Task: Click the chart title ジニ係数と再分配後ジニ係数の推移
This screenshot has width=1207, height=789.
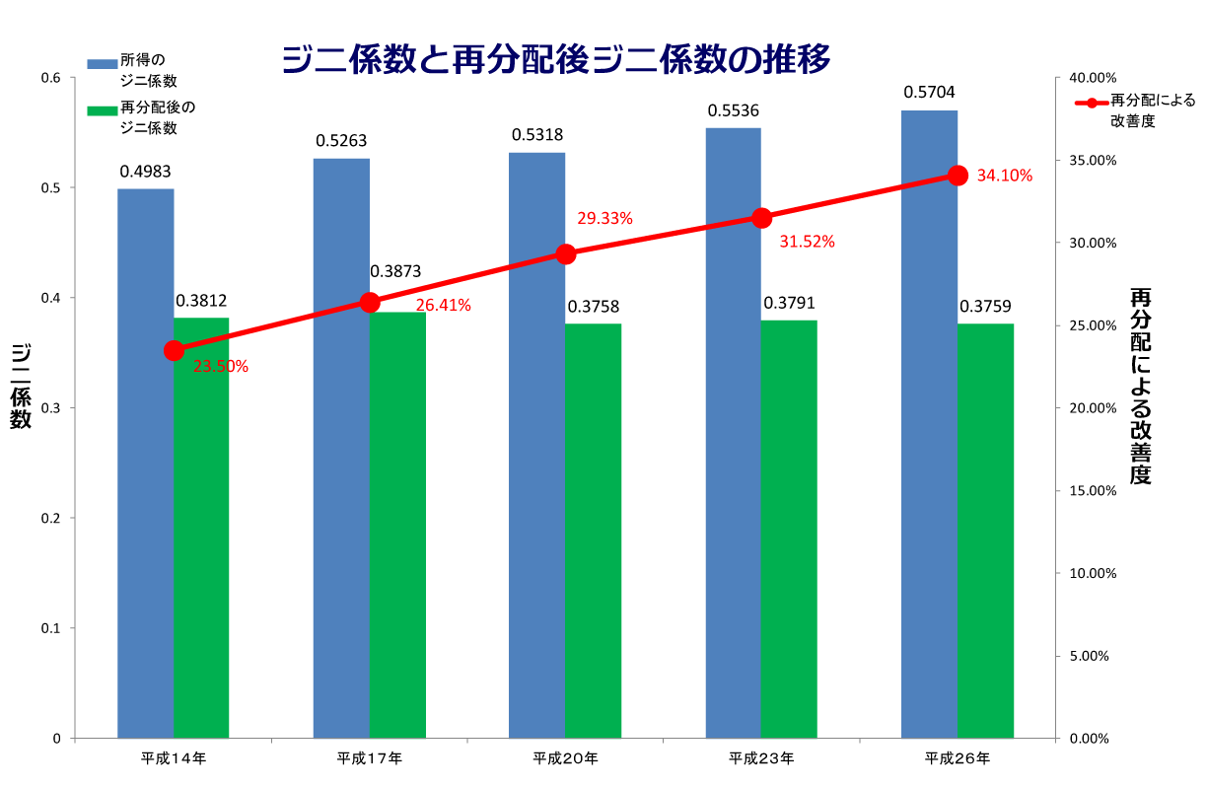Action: point(556,60)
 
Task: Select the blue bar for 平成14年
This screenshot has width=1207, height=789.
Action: point(146,464)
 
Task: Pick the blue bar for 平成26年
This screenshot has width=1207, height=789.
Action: point(929,424)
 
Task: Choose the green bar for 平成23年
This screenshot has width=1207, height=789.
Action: point(789,529)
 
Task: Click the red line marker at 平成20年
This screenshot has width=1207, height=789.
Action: point(566,254)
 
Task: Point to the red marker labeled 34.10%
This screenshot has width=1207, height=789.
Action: point(958,176)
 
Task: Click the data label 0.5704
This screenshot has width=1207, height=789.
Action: point(929,93)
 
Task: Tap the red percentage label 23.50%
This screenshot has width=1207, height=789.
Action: point(221,367)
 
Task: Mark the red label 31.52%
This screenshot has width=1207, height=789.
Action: point(807,242)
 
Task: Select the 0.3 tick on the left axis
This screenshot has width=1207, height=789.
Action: point(51,408)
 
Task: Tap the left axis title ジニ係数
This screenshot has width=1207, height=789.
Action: point(21,387)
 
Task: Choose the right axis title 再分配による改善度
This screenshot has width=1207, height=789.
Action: point(1140,387)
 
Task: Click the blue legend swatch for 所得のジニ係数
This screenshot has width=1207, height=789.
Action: point(102,64)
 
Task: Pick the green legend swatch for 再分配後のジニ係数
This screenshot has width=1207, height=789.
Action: point(102,109)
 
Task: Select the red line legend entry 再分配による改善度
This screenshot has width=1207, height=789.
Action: point(1134,101)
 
